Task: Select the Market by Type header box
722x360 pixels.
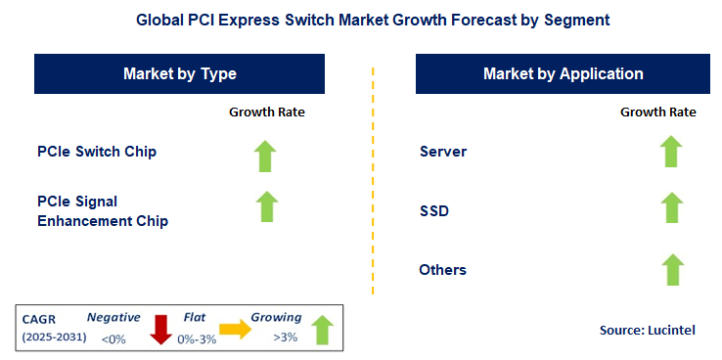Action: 180,74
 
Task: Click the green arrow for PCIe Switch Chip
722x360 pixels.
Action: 266,157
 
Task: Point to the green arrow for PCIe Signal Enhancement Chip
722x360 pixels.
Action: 266,206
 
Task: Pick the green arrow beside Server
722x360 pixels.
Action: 670,152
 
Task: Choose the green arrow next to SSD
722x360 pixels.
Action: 670,207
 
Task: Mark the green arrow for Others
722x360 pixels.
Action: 670,268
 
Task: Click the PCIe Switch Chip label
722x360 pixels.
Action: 97,152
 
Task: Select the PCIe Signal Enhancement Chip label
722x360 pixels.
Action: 103,211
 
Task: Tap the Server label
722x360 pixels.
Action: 443,152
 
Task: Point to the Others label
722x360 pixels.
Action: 442,269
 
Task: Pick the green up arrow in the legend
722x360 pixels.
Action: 322,331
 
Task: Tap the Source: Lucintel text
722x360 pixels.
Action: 647,331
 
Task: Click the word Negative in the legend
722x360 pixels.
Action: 113,318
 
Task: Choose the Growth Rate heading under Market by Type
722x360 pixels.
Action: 267,112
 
